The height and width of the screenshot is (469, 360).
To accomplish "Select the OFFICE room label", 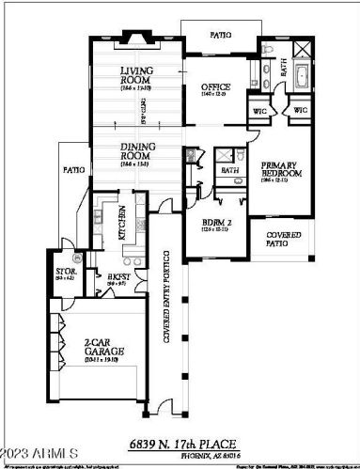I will click(215, 89).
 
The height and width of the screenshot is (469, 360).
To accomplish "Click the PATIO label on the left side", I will click(73, 170).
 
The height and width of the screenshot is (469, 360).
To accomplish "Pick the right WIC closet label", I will click(300, 110).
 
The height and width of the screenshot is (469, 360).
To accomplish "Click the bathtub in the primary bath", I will click(306, 75).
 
